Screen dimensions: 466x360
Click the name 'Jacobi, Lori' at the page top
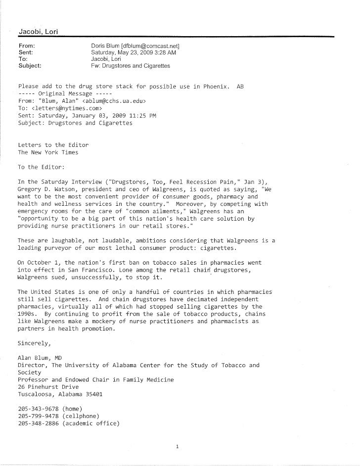tap(39, 32)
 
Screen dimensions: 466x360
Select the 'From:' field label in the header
tap(26, 45)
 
